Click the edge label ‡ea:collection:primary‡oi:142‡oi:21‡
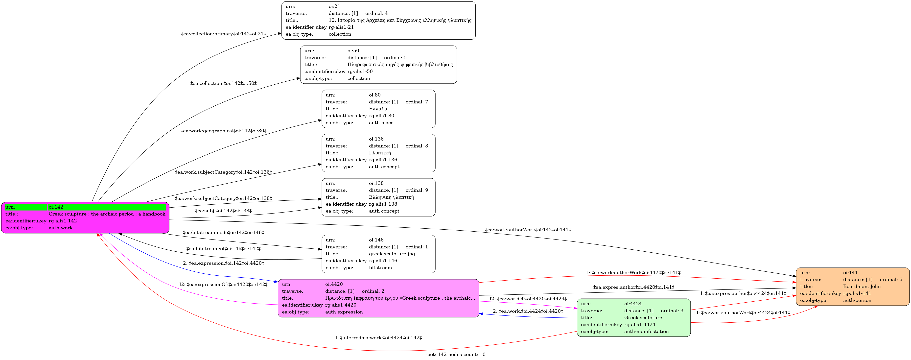click(x=224, y=34)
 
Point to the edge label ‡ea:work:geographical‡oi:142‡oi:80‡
click(x=224, y=131)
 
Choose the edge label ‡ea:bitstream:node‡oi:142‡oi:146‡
click(x=224, y=233)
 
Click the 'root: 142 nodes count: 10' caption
click(x=455, y=354)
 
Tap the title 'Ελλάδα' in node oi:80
click(x=378, y=109)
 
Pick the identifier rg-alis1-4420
click(x=341, y=305)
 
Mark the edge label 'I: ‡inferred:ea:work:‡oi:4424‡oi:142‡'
click(x=378, y=338)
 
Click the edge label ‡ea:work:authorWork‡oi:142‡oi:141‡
click(x=528, y=230)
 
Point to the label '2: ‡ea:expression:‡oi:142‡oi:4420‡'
click(x=224, y=263)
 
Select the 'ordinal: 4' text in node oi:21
click(x=376, y=13)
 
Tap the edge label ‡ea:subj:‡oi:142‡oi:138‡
click(x=224, y=211)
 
